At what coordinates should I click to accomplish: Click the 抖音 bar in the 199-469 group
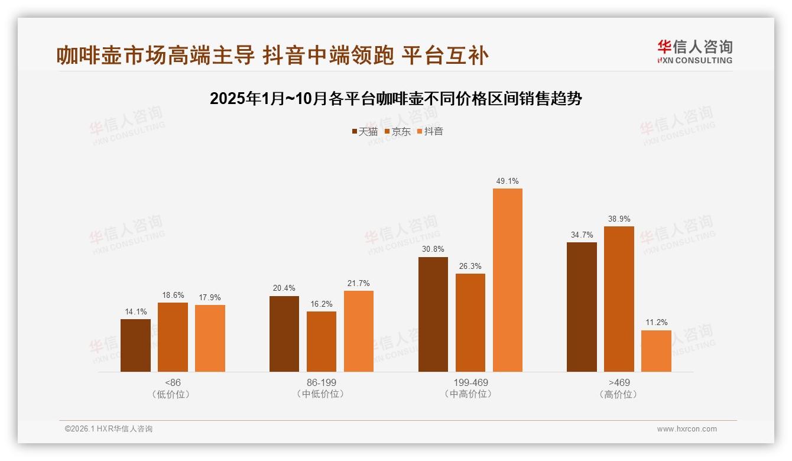point(507,280)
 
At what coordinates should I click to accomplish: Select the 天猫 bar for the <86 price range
point(135,346)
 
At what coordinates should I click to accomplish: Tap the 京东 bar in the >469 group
point(619,299)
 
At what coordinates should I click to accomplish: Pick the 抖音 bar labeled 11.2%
point(656,351)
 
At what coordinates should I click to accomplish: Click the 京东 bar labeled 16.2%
point(322,342)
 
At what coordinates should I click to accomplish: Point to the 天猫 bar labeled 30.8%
point(433,314)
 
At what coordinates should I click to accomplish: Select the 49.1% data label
point(507,181)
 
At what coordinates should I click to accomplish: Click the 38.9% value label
point(619,219)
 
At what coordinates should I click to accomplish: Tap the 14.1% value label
point(135,311)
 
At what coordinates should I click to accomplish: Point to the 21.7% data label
point(359,283)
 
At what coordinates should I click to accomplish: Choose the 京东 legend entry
point(397,132)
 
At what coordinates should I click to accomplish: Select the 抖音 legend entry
point(430,132)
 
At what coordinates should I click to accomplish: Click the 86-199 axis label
point(322,382)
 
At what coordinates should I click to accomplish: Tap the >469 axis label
point(619,382)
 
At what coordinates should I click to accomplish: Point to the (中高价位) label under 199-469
point(470,394)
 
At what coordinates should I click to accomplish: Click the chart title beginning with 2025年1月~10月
point(396,99)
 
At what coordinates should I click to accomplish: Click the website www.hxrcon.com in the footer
point(687,429)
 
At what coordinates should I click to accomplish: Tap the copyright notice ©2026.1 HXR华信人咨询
point(109,429)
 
